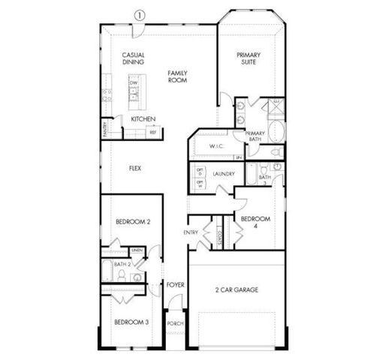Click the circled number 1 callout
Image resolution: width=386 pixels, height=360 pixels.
coord(139,14)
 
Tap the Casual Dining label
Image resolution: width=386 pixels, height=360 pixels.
coord(134,58)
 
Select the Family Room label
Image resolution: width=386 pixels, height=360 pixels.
coord(177,76)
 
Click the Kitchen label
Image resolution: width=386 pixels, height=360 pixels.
coord(143,119)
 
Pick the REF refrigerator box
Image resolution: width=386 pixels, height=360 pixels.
coord(152,132)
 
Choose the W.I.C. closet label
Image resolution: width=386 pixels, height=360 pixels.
coord(218,146)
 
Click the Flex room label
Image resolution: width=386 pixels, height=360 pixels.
coord(135,168)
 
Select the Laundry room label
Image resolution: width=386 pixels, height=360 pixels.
coord(224,174)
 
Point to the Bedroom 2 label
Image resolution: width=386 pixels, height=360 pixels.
coord(133,222)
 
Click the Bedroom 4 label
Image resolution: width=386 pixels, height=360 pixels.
coord(255,223)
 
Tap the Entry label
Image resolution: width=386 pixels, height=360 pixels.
coord(191,232)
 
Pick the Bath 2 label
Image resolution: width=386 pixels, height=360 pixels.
coord(123,265)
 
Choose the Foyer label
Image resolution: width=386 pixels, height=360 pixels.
coord(176,285)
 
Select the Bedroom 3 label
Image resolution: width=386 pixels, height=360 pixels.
coord(131,322)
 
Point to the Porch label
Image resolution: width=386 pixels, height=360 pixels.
coord(175,324)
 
